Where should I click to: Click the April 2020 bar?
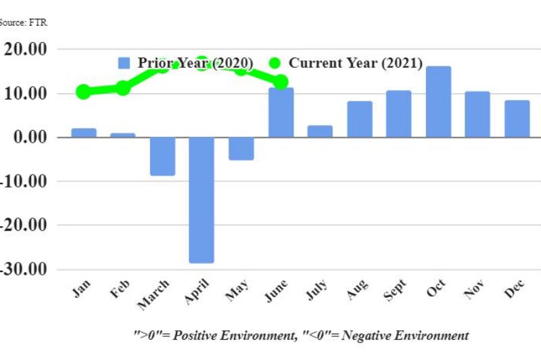tap(202, 200)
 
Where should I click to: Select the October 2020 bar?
tap(438, 102)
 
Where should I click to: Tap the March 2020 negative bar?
tap(162, 156)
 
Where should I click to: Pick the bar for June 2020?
tap(281, 112)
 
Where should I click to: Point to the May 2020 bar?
tap(241, 148)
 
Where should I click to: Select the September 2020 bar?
tap(398, 114)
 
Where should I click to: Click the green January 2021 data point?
tap(83, 91)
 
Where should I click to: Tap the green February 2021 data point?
tap(122, 87)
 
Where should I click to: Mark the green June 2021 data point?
tap(281, 82)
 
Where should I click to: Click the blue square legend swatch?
tap(124, 63)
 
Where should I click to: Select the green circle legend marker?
tap(275, 63)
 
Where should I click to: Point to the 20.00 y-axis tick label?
tap(26, 49)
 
